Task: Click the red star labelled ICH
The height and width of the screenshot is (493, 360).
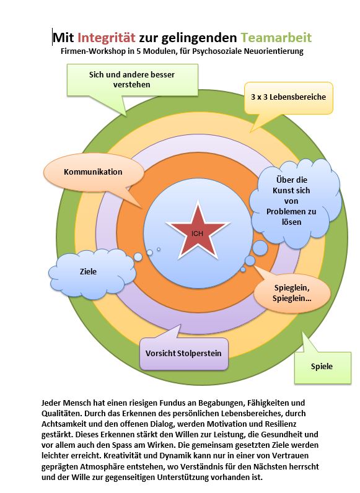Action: point(198,231)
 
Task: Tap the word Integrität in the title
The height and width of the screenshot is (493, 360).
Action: point(107,38)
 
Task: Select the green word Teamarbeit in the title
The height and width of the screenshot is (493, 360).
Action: point(276,38)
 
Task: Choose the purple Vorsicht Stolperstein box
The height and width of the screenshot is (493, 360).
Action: point(183,353)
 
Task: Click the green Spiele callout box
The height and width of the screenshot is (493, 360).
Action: point(323,367)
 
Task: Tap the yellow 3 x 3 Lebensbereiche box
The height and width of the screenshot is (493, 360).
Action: point(288,97)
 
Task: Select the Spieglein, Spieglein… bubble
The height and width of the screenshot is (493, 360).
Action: point(292,293)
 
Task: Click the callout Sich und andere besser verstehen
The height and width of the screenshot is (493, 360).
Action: point(132,80)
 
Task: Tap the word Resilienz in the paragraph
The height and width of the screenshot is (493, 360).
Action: point(278,424)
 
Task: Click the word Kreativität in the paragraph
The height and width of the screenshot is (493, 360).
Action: point(122,456)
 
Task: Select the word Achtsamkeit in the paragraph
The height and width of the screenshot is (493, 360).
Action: point(61,424)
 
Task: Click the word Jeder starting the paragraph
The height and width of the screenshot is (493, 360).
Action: point(51,403)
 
